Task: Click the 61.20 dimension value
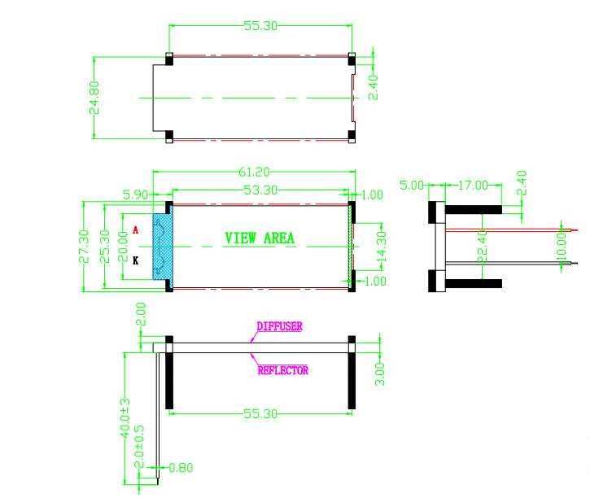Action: coord(254,173)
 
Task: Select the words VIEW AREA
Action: coord(260,238)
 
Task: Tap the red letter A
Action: coord(135,230)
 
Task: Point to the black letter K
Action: coord(135,260)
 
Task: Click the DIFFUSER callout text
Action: coord(279,326)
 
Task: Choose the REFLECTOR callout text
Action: coord(282,370)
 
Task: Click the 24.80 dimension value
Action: coord(95,97)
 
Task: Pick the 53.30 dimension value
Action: coord(260,190)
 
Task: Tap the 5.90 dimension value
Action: coord(136,195)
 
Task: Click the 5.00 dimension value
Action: coord(413,186)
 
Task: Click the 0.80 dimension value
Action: coord(183,468)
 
